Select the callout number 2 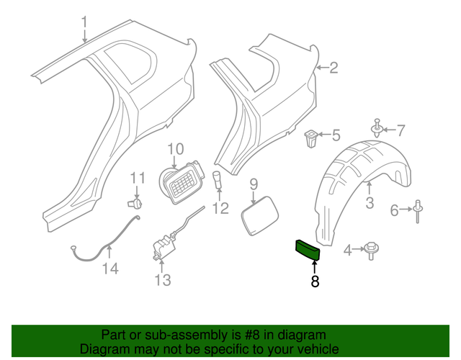[x=333, y=68]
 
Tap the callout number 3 [x=369, y=203]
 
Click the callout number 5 [x=336, y=134]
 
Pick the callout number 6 [x=394, y=210]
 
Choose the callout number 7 [x=401, y=130]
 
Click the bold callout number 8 [x=315, y=282]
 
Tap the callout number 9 [x=253, y=185]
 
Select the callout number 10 [x=176, y=149]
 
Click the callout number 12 [x=220, y=209]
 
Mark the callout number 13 [x=163, y=279]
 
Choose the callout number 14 [x=109, y=269]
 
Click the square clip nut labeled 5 [x=312, y=136]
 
